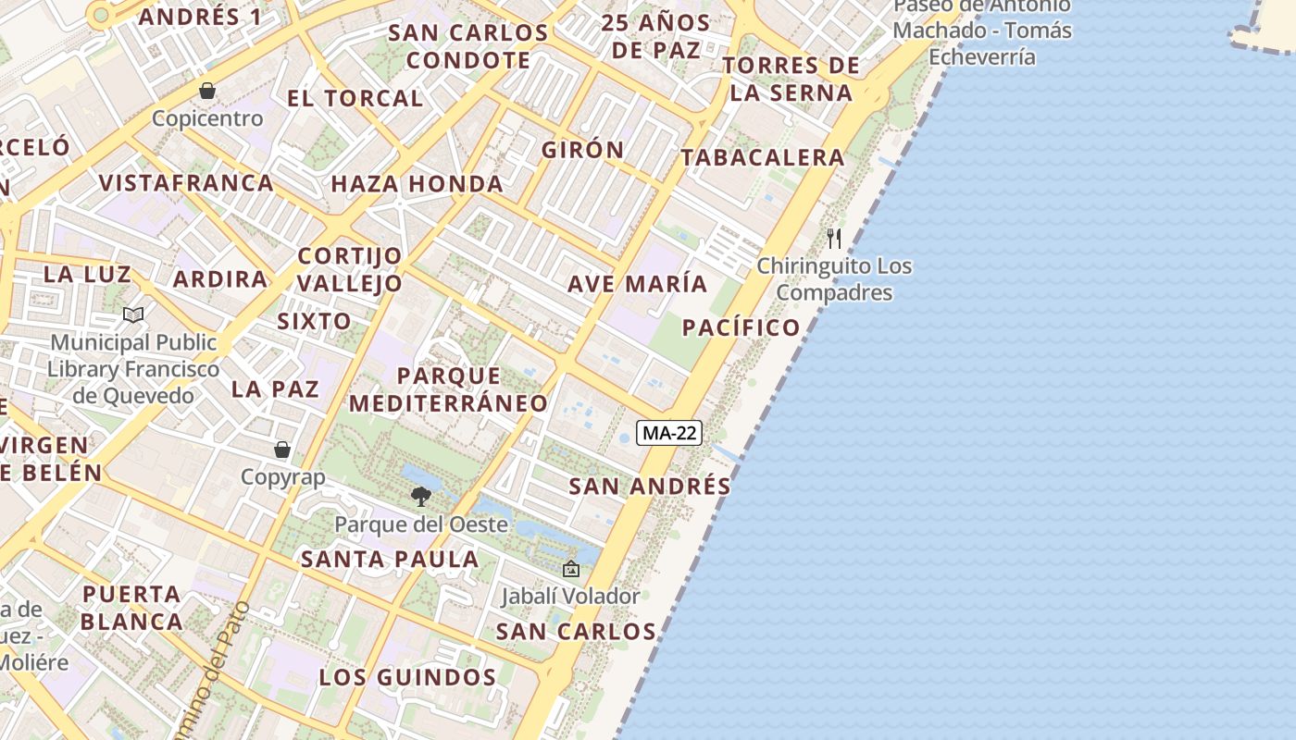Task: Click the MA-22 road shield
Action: point(669,433)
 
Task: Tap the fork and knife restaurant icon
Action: point(834,239)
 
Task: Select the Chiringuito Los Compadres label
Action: point(834,279)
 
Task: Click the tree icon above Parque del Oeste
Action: point(421,497)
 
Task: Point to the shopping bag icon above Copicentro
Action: point(207,91)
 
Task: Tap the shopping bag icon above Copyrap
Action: point(282,450)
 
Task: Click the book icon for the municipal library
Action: point(133,315)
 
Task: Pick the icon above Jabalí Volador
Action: point(570,569)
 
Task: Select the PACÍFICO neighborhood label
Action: point(741,327)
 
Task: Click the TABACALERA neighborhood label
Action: point(763,158)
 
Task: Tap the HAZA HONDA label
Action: point(417,184)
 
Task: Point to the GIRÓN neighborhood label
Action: point(583,150)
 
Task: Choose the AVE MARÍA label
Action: point(638,284)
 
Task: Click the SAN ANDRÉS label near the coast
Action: point(650,487)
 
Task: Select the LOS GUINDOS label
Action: point(408,678)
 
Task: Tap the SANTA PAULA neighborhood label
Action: point(390,560)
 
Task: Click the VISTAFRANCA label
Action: point(186,183)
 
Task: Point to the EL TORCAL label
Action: point(355,98)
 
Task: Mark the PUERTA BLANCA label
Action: point(131,608)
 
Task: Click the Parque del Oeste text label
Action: point(421,524)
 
